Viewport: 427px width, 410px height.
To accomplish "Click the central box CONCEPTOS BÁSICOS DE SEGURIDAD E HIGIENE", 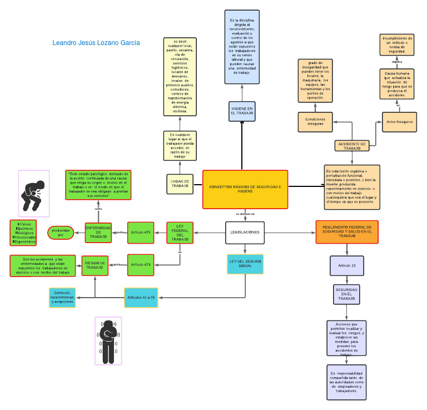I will tap(245, 190).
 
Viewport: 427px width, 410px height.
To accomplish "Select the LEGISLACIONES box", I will tap(245, 233).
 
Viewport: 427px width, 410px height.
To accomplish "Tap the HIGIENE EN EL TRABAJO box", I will tap(242, 110).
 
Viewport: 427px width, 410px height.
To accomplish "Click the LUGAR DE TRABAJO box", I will tap(180, 184).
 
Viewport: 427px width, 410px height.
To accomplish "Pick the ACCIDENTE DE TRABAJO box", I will tap(352, 146).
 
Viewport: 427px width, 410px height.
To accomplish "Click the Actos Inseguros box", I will tap(399, 122).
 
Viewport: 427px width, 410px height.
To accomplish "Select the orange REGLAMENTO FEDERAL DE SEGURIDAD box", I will tap(347, 232).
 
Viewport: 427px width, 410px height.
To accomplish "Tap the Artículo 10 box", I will tap(346, 266).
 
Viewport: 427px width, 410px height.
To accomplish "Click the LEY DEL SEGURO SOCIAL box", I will tap(245, 264).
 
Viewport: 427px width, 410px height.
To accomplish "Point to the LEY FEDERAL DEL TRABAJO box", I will tap(180, 233).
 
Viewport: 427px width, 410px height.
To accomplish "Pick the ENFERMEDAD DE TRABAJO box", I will tap(98, 233).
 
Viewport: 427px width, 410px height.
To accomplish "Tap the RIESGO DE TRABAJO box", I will tap(95, 265).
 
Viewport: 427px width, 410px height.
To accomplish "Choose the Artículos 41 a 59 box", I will tap(141, 298).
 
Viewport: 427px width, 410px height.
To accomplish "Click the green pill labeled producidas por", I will tap(61, 233).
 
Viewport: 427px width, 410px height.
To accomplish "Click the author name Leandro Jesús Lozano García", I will tap(96, 43).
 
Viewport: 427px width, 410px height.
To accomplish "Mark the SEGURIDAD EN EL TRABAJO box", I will tap(346, 295).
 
